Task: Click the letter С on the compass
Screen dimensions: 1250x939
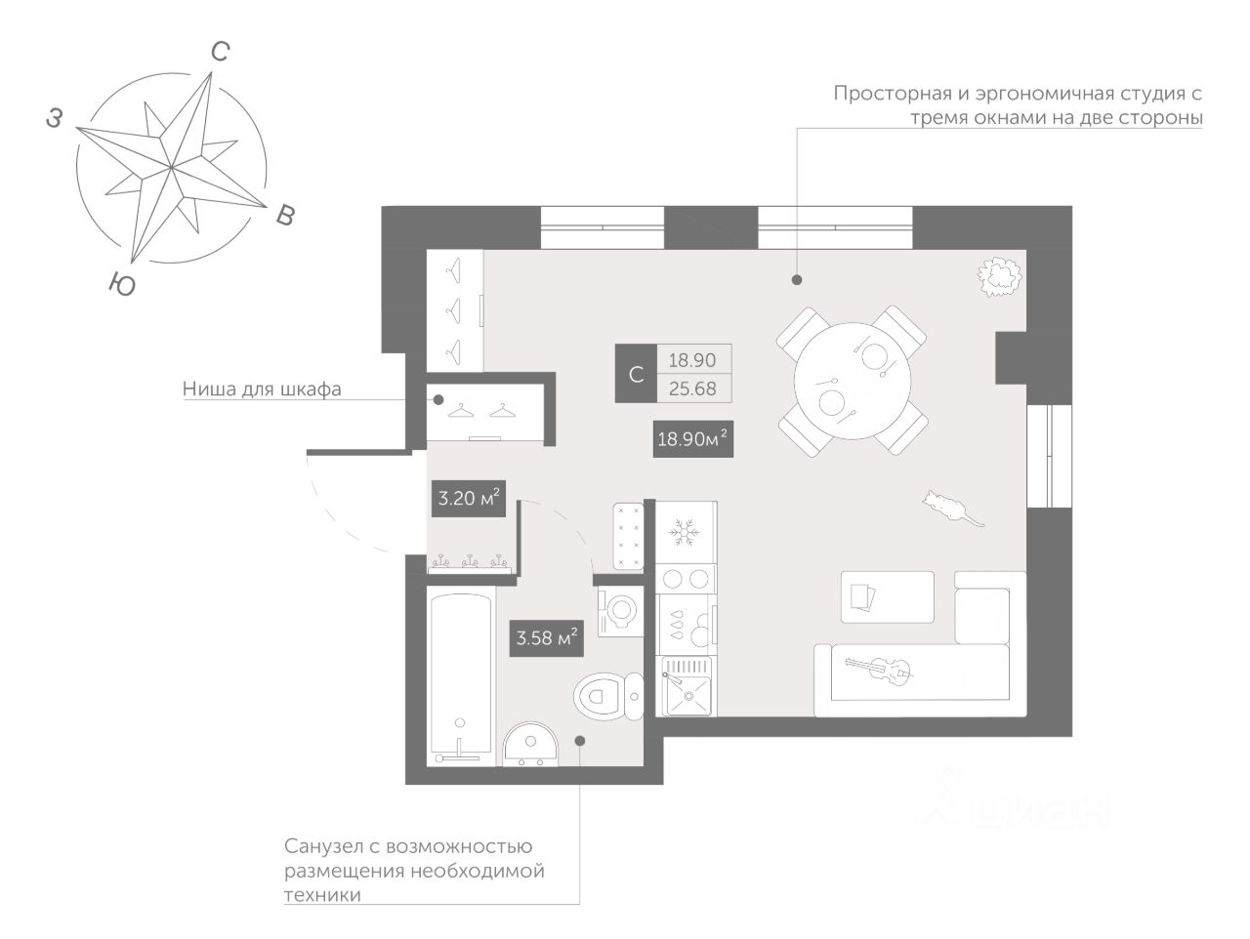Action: [x=221, y=53]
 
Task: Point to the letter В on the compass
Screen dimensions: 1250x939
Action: [x=284, y=216]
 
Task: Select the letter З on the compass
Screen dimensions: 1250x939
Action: [x=55, y=119]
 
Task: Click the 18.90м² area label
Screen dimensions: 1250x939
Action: [x=693, y=439]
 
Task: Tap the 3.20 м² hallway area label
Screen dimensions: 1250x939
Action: [x=469, y=499]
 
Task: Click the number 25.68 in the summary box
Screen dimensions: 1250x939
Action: [x=692, y=388]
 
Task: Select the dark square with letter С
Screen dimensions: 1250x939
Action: [x=636, y=374]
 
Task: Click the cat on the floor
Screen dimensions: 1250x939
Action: [x=947, y=508]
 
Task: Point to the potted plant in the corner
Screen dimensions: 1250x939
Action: [x=999, y=274]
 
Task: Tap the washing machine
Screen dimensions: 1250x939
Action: [x=620, y=612]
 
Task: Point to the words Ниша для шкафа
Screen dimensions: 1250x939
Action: [x=262, y=388]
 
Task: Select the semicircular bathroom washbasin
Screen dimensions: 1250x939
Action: [x=529, y=748]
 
